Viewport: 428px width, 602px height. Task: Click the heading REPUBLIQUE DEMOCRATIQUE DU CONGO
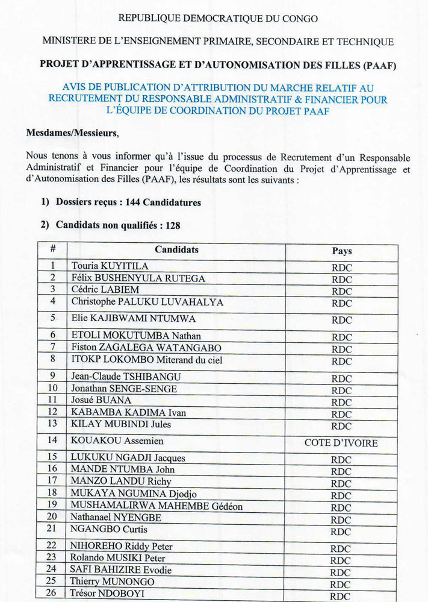pyautogui.click(x=218, y=19)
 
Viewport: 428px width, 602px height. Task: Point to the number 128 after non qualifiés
pyautogui.click(x=172, y=225)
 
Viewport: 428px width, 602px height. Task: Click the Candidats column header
pyautogui.click(x=176, y=249)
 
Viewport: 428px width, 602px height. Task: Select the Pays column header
pyautogui.click(x=341, y=251)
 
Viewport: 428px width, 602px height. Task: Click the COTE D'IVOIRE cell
pyautogui.click(x=341, y=443)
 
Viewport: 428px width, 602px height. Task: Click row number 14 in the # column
pyautogui.click(x=52, y=441)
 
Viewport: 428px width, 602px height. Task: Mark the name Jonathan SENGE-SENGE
pyautogui.click(x=124, y=389)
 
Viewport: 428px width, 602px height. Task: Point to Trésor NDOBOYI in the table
pyautogui.click(x=110, y=594)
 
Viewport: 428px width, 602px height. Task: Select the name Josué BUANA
pyautogui.click(x=101, y=400)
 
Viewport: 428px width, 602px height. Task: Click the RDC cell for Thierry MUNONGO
pyautogui.click(x=341, y=584)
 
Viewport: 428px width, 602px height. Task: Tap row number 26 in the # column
pyautogui.click(x=52, y=593)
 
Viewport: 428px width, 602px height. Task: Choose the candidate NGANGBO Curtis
pyautogui.click(x=109, y=529)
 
